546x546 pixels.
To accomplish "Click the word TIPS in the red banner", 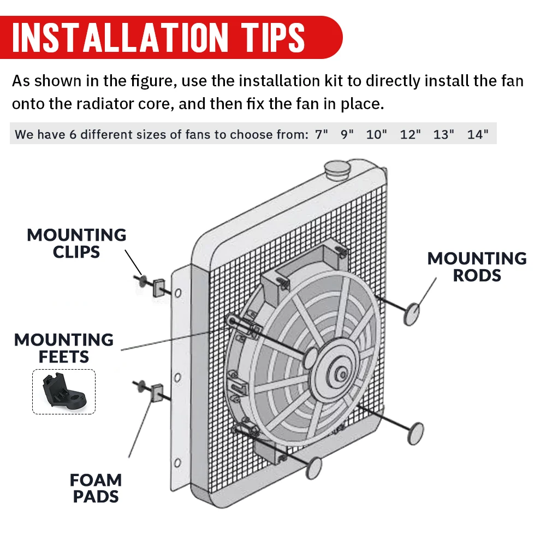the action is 274,38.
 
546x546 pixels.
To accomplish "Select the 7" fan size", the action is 322,134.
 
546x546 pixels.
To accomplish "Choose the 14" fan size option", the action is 478,134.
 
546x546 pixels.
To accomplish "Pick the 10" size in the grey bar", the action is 376,134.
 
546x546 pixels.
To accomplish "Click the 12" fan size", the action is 410,134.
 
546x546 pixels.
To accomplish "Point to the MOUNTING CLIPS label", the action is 76,244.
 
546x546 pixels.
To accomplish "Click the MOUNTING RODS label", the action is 477,267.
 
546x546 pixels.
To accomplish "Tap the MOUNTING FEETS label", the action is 64,348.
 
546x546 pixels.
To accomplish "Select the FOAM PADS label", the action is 96,488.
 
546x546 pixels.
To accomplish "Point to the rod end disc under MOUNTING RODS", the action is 412,314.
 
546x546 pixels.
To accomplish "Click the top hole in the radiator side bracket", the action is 178,293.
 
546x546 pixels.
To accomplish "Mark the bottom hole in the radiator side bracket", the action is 177,463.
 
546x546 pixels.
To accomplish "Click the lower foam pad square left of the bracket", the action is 157,393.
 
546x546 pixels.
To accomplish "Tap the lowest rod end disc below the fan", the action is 314,468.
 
